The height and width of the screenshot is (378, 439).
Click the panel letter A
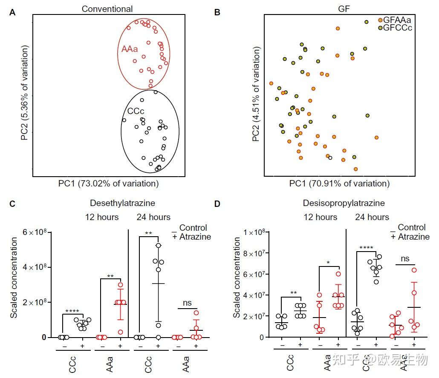[12, 12]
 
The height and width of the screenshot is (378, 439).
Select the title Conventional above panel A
[107, 9]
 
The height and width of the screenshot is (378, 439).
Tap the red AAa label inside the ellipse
[130, 49]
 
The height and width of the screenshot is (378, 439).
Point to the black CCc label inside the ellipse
[136, 112]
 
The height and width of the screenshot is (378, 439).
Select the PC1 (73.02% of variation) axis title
[108, 184]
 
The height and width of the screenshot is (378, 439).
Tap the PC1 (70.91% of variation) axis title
[339, 184]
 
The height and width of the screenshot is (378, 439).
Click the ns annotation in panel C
[187, 303]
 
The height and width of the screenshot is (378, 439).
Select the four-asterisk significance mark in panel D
[366, 248]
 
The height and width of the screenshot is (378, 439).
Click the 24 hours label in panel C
[153, 217]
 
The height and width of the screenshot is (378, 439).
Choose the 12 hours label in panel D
[320, 217]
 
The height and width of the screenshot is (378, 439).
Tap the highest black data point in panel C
[158, 246]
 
